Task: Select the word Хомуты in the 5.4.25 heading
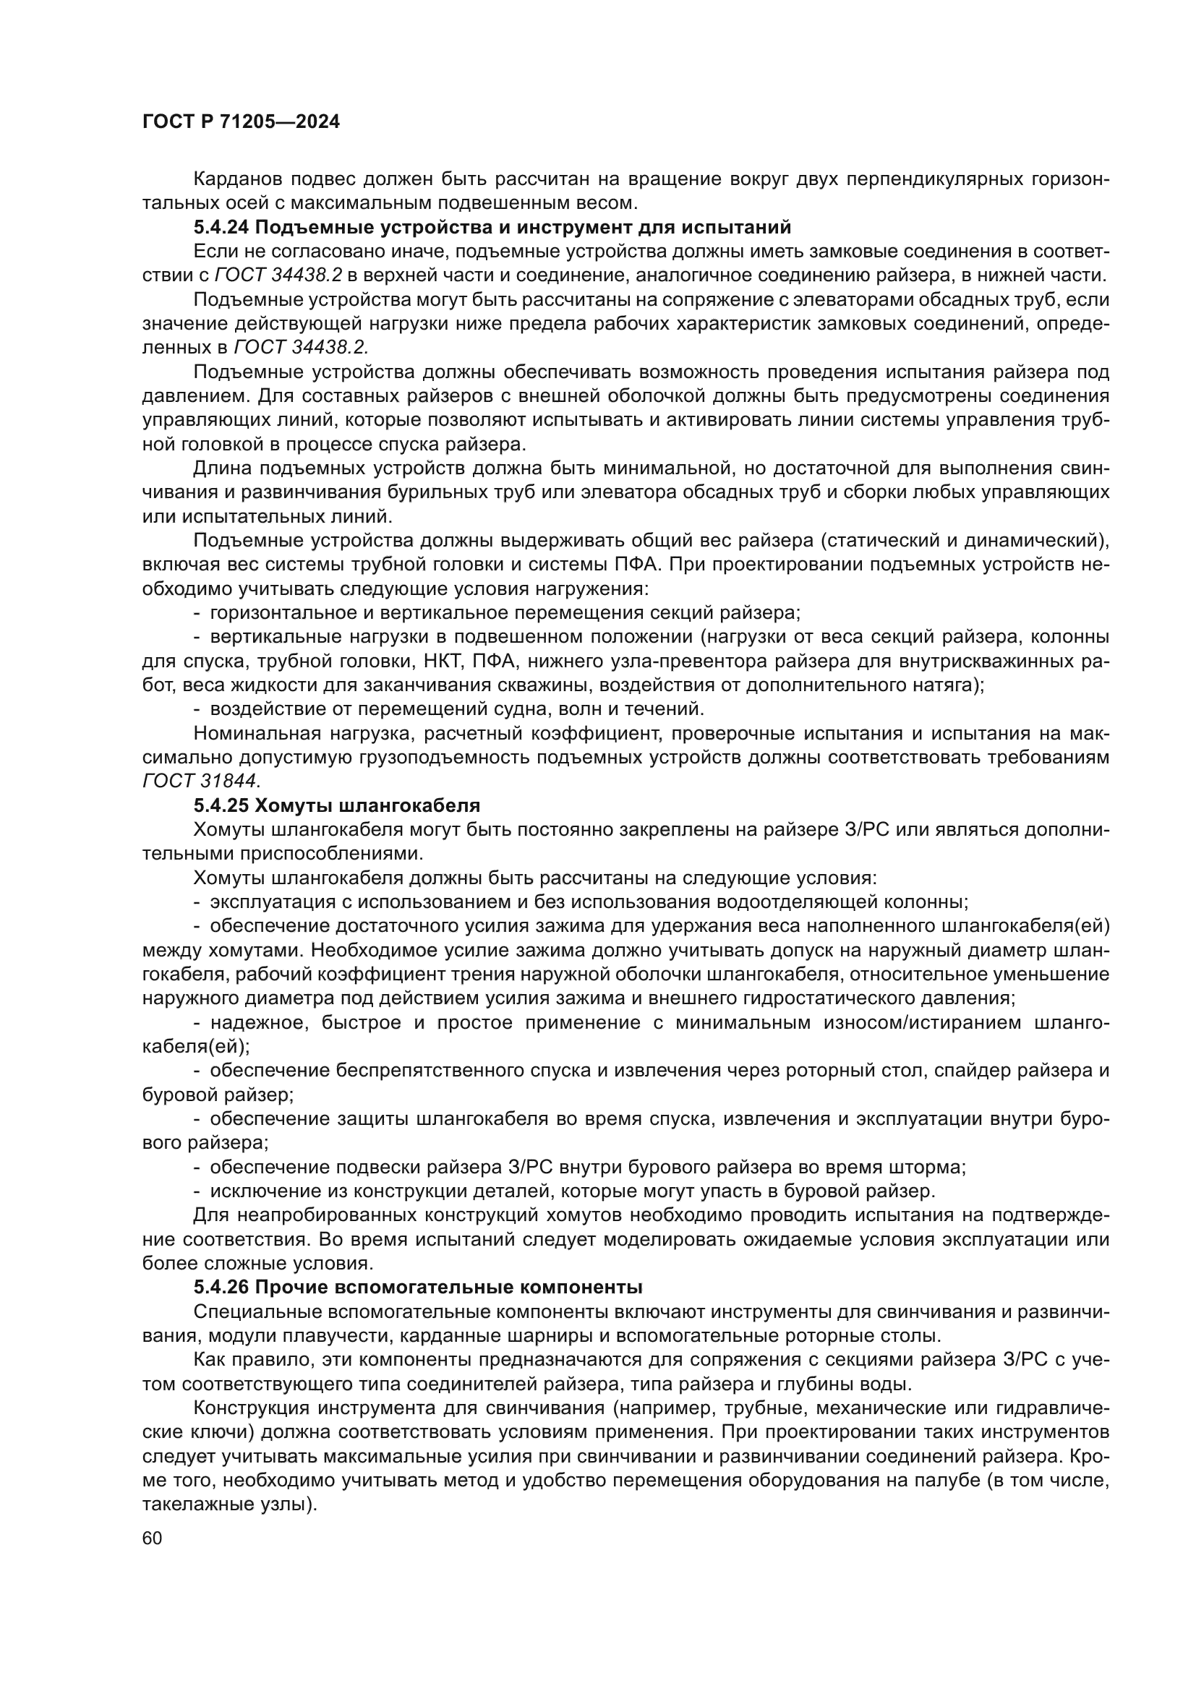tap(289, 805)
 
